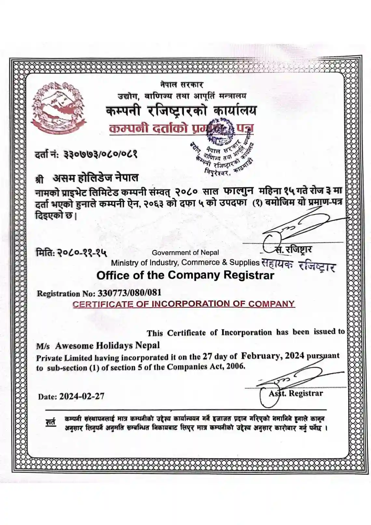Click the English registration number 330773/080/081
130,292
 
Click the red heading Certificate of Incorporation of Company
184,304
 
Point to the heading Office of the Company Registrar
185,276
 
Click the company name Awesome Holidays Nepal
107,345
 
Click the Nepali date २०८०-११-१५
83,252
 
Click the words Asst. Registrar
296,393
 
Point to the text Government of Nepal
185,252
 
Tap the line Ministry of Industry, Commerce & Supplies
185,262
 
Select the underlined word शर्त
50,422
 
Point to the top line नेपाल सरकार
182,85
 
